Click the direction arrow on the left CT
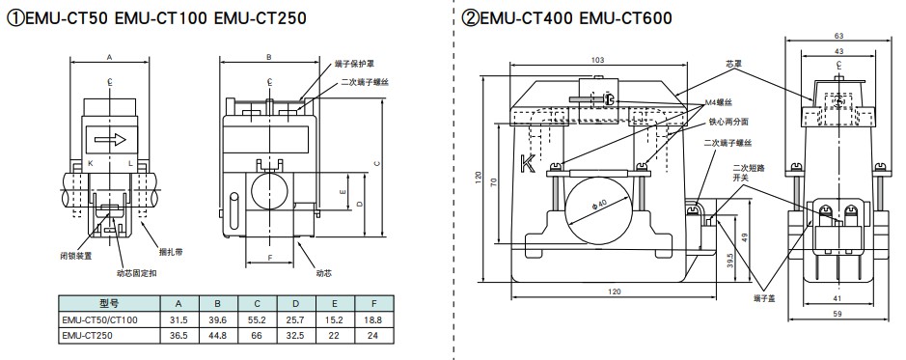(x=110, y=139)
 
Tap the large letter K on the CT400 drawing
(x=528, y=164)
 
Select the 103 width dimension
(x=598, y=60)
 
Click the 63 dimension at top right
(x=839, y=36)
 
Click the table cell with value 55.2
(x=257, y=319)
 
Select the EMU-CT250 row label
(x=87, y=335)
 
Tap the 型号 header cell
(x=109, y=303)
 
